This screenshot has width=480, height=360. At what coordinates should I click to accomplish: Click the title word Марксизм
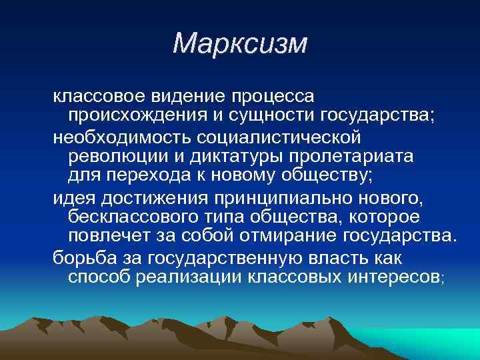240,43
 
